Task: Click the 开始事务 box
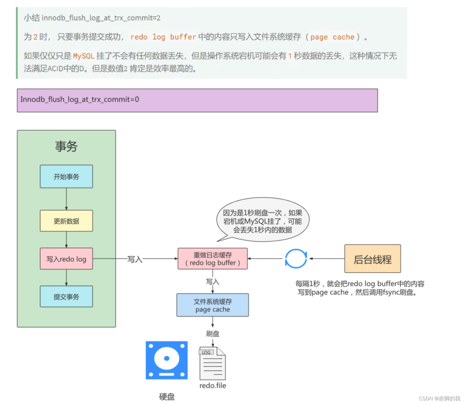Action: click(66, 176)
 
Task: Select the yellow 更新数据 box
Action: click(66, 221)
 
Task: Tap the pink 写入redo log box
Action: click(66, 259)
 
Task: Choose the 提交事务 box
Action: click(66, 296)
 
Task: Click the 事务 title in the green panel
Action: click(66, 147)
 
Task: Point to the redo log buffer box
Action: click(213, 259)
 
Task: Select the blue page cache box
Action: click(213, 305)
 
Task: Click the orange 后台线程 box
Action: click(372, 259)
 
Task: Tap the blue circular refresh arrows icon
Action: click(296, 259)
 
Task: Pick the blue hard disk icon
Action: click(167, 360)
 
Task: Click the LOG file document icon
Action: click(212, 364)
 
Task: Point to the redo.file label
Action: click(213, 386)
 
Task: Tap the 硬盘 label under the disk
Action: click(167, 396)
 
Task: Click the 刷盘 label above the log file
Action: click(213, 334)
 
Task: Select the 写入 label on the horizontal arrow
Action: click(135, 259)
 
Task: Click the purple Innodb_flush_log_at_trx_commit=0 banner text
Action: click(80, 99)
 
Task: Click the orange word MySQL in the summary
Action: click(84, 56)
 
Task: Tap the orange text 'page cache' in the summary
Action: click(332, 37)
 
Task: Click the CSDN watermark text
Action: click(439, 398)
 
